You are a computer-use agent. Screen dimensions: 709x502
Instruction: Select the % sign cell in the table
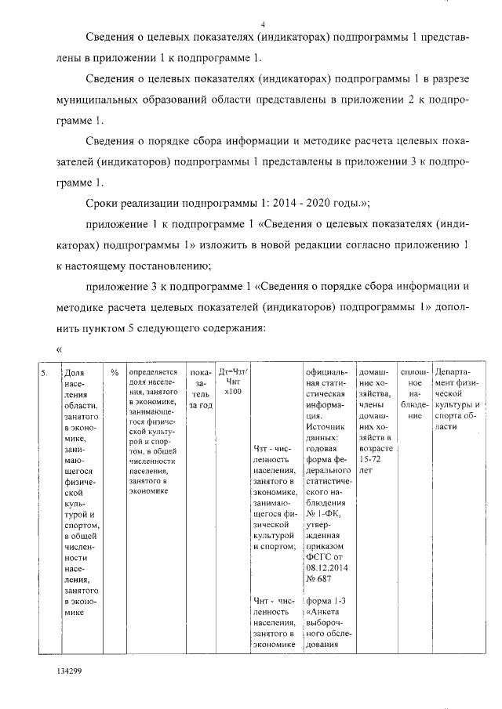pos(114,373)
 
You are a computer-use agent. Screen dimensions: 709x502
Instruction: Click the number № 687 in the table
pos(321,579)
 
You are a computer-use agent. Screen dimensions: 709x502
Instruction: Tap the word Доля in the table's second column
pos(73,374)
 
